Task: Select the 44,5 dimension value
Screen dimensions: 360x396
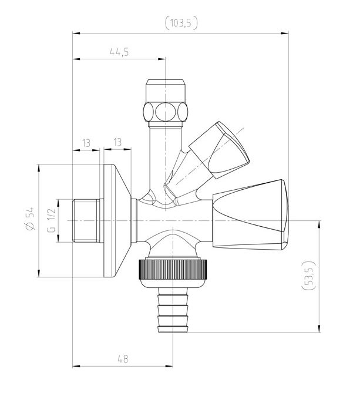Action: (x=119, y=52)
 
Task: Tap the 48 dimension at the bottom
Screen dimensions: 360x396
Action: (x=123, y=359)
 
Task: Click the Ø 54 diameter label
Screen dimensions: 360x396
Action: (x=30, y=219)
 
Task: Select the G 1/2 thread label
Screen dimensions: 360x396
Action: (x=51, y=220)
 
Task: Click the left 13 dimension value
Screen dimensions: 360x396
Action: (x=86, y=143)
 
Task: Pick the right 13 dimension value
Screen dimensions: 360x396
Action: (x=117, y=142)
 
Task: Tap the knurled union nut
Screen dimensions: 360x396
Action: (x=173, y=269)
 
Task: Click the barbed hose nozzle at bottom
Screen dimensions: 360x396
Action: (x=173, y=310)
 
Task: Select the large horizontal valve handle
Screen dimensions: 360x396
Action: (x=250, y=214)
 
